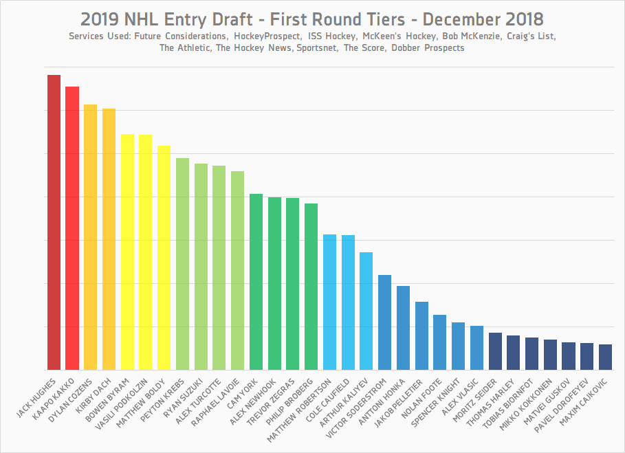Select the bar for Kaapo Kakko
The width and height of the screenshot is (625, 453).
72,228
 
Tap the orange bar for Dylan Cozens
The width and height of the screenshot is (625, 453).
91,237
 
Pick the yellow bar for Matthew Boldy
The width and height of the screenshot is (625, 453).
164,258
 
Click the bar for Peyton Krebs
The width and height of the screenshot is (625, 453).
182,264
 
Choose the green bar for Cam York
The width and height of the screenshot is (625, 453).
256,282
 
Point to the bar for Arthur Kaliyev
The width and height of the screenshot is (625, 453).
366,311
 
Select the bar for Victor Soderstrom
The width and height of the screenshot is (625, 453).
385,322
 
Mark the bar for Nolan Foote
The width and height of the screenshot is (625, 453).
440,342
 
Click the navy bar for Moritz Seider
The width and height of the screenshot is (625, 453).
495,351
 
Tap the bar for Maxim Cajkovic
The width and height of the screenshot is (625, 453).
605,357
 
